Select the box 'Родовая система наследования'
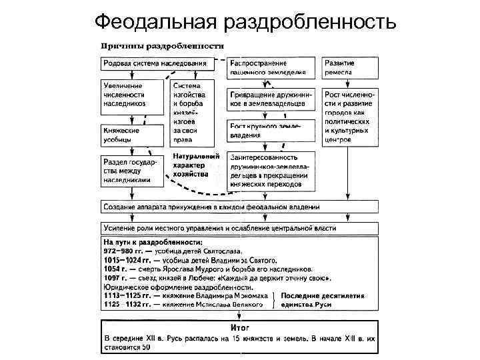pyautogui.click(x=154, y=63)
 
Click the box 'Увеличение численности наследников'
pyautogui.click(x=132, y=95)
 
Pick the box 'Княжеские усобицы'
pyautogui.click(x=132, y=135)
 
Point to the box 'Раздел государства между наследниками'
pyautogui.click(x=132, y=170)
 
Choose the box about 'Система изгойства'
pyautogui.click(x=193, y=113)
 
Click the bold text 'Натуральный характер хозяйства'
pyautogui.click(x=195, y=165)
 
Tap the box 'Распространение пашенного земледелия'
pyautogui.click(x=271, y=67)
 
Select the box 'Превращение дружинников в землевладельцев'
pyautogui.click(x=271, y=99)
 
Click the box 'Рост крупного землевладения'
pyautogui.click(x=271, y=131)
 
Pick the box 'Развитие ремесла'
pyautogui.click(x=350, y=67)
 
